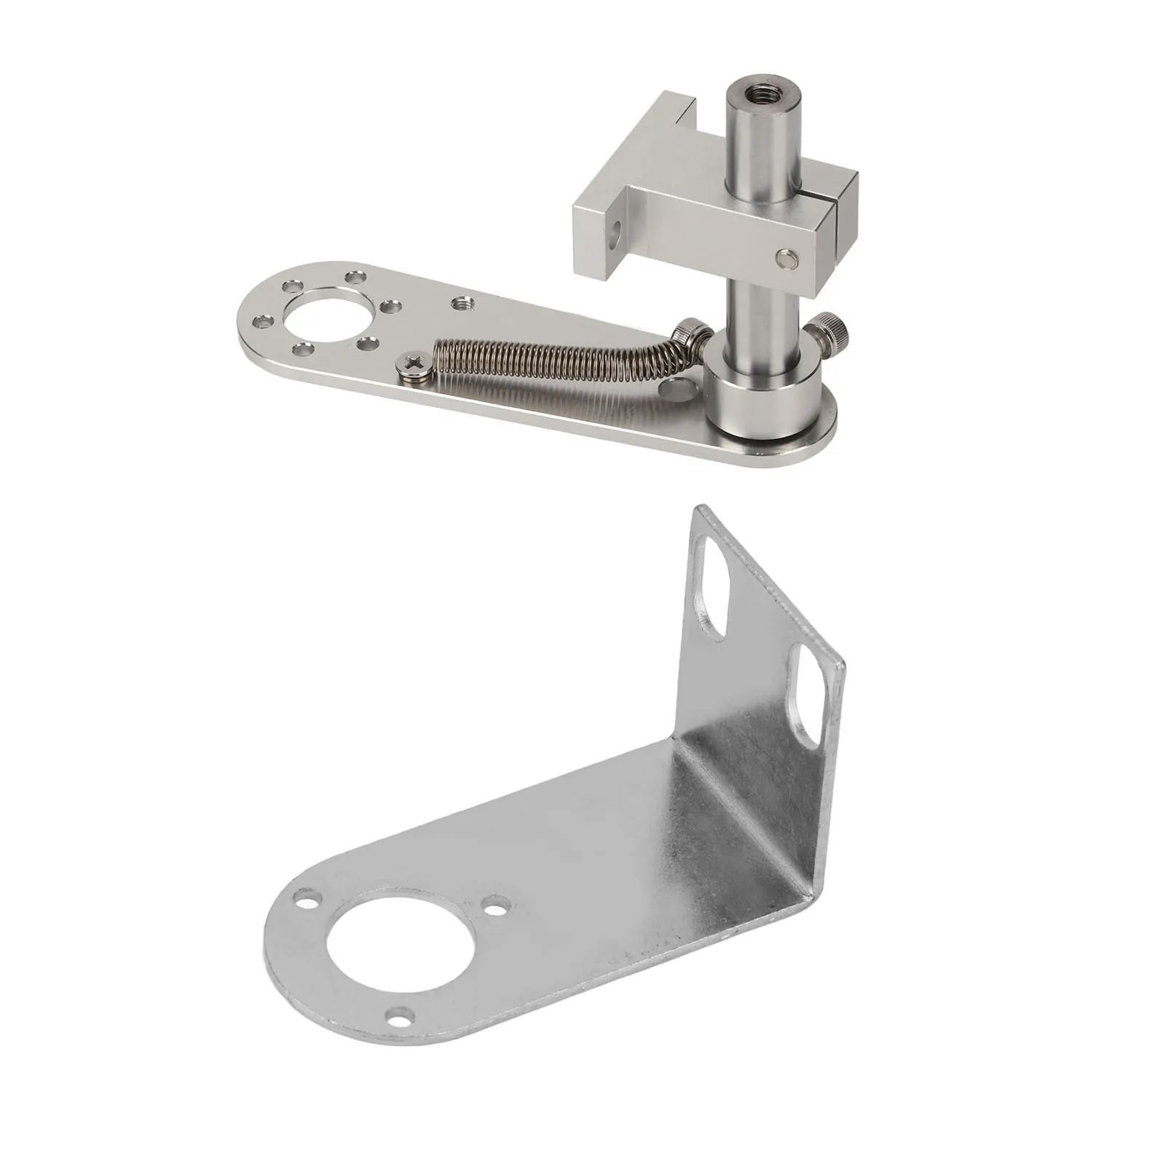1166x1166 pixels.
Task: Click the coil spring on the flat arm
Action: coord(554,357)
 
